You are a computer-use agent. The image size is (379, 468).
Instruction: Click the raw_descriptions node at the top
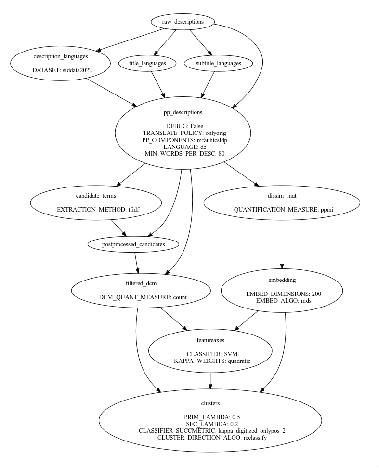click(183, 22)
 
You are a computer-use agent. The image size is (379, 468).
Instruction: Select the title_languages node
click(148, 63)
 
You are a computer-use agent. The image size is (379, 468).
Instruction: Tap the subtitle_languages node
click(212, 63)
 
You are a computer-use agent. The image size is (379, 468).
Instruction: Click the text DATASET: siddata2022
click(62, 70)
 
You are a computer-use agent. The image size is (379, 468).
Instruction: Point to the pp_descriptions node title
click(183, 112)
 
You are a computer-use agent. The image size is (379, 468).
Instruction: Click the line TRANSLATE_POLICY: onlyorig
click(183, 133)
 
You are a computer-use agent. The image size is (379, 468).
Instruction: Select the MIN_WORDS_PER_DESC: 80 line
click(183, 153)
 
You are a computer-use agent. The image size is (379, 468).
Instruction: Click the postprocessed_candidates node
click(134, 244)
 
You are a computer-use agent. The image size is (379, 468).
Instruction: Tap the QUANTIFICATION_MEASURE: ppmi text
click(280, 210)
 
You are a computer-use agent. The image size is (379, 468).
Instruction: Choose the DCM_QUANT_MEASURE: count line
click(143, 297)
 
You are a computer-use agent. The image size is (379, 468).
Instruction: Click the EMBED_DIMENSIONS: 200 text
click(281, 294)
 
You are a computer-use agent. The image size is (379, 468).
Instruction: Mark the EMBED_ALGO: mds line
click(281, 300)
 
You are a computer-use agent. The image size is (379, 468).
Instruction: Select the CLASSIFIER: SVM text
click(212, 354)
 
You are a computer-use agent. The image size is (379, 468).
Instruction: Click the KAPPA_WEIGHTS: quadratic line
click(212, 361)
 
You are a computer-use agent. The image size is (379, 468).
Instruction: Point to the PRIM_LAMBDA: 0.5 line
click(209, 417)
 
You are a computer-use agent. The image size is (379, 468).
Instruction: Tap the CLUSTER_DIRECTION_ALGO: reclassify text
click(209, 437)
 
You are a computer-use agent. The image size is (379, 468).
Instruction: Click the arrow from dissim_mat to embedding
click(281, 246)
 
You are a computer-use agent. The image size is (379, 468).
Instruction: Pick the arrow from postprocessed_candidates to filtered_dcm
click(137, 262)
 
